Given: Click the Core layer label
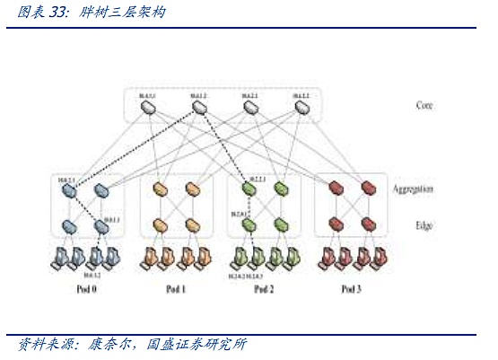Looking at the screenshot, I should click(x=425, y=106).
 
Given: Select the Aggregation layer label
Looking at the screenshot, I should click(x=413, y=189).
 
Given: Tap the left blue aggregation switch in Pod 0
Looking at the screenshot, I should click(x=72, y=190).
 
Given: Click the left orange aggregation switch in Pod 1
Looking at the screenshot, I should click(x=161, y=190).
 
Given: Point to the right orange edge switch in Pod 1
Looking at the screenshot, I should click(x=191, y=225).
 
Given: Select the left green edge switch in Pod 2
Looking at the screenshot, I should click(x=249, y=225).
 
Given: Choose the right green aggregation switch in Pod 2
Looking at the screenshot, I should click(x=281, y=190).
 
